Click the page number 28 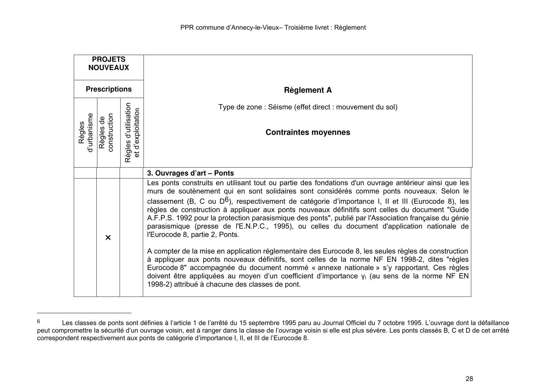(469, 379)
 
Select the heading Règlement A (308, 90)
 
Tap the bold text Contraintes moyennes (308, 132)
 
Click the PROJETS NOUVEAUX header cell (108, 64)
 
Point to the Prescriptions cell (108, 89)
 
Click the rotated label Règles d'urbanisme (86, 133)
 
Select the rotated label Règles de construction (106, 133)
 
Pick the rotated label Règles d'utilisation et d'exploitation (132, 133)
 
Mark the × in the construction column (108, 237)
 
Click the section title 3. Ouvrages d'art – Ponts (190, 173)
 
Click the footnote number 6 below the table (39, 321)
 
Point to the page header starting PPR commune (273, 28)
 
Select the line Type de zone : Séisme (308, 107)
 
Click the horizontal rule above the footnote (84, 313)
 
